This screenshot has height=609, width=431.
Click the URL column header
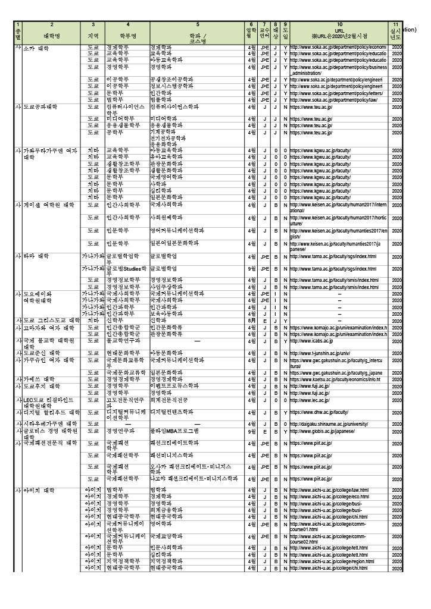[339, 30]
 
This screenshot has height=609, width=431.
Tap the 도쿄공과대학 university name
[40, 106]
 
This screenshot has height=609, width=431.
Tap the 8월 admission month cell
[251, 320]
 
